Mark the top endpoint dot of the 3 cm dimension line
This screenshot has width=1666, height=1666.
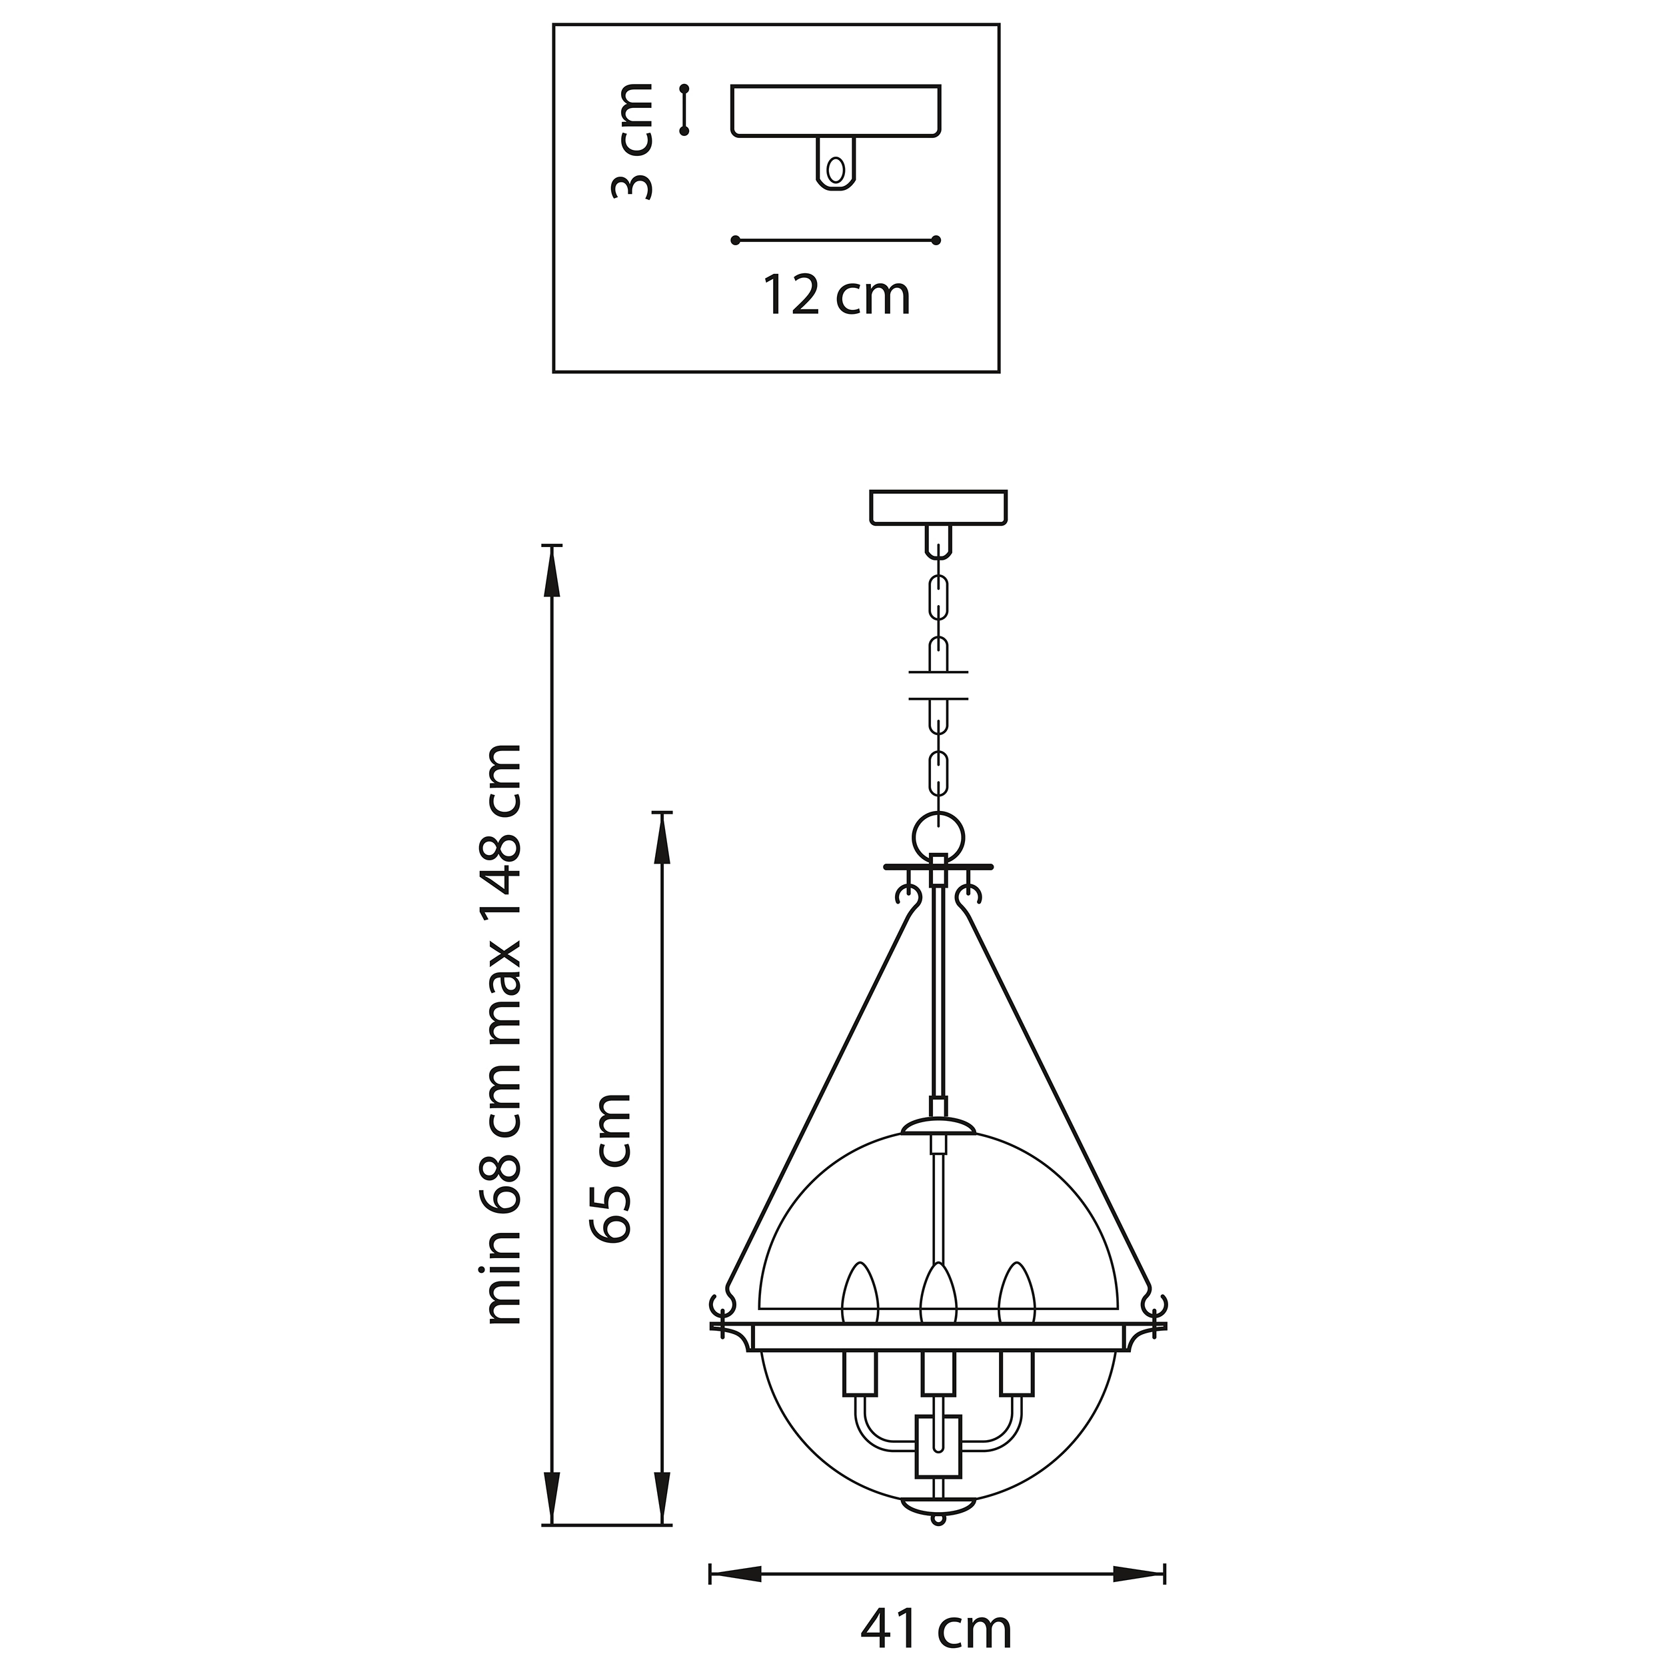(x=684, y=89)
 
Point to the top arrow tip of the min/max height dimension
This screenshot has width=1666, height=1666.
(x=552, y=546)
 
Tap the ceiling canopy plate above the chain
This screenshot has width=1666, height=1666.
(x=938, y=507)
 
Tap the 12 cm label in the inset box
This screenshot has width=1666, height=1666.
(x=836, y=296)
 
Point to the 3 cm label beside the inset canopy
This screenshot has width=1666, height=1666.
(x=631, y=141)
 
